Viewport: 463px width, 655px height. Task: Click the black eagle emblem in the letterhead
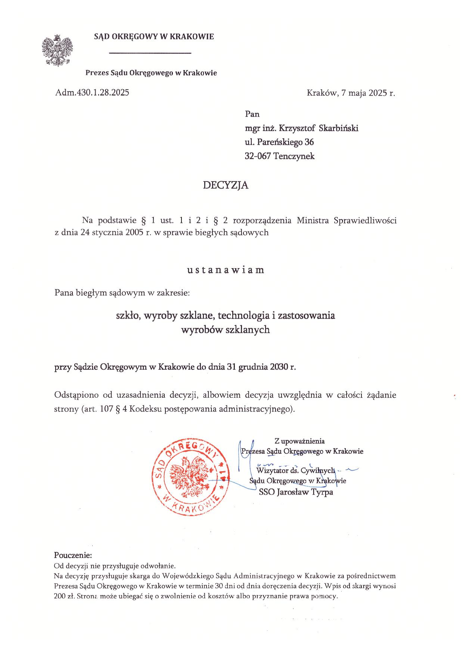click(x=57, y=51)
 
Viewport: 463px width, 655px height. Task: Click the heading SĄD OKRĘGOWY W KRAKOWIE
click(x=154, y=37)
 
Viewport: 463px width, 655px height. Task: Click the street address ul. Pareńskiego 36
click(x=279, y=142)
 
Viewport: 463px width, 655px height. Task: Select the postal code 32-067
click(x=258, y=156)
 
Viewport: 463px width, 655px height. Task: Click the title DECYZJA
click(x=226, y=185)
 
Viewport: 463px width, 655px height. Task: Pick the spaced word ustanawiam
click(x=226, y=270)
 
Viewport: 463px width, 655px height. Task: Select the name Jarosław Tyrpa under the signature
click(x=305, y=492)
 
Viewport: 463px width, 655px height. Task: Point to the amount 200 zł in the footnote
click(x=65, y=596)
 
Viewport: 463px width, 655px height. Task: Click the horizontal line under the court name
click(x=150, y=53)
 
